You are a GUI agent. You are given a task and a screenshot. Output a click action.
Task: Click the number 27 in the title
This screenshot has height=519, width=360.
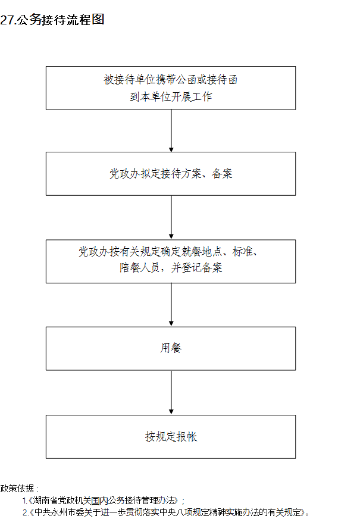(x=7, y=20)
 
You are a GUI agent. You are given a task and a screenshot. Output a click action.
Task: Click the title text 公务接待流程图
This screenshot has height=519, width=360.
(x=61, y=20)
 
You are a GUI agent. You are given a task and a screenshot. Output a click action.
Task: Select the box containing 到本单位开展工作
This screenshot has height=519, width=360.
(x=171, y=88)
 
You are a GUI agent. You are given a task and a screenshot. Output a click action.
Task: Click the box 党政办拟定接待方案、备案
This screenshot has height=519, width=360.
(x=171, y=174)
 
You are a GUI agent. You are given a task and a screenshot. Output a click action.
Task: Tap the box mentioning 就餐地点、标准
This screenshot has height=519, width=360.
(x=171, y=261)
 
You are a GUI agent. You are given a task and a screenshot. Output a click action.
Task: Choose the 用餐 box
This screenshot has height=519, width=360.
(x=171, y=349)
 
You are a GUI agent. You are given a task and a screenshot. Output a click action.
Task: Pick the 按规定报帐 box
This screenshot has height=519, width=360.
(x=171, y=437)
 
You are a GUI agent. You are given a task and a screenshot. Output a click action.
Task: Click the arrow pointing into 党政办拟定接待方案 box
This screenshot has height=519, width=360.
(x=171, y=131)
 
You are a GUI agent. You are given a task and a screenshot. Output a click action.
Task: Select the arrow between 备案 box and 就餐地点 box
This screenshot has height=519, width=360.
(x=171, y=217)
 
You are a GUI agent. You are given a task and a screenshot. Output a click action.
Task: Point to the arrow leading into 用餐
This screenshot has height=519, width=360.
(x=171, y=305)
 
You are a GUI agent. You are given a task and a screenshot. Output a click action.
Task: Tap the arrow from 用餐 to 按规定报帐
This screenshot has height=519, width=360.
(x=171, y=393)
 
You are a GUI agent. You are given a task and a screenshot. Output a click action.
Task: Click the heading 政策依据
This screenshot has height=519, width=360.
(x=17, y=489)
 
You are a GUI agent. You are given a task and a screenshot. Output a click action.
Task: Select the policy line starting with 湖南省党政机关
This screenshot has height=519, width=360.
(x=104, y=501)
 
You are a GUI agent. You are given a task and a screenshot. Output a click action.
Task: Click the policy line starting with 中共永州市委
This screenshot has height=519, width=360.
(x=166, y=512)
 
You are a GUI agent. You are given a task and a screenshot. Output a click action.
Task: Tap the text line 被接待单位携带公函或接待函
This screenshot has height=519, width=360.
(x=171, y=80)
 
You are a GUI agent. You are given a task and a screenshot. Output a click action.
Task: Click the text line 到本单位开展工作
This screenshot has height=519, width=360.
(x=171, y=96)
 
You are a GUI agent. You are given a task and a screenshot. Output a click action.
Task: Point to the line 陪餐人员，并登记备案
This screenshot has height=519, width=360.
(x=171, y=267)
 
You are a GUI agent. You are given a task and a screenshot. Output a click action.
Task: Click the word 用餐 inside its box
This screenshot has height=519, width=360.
(x=171, y=348)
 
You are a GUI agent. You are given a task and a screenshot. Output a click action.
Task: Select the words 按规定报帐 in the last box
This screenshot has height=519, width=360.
(x=171, y=437)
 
